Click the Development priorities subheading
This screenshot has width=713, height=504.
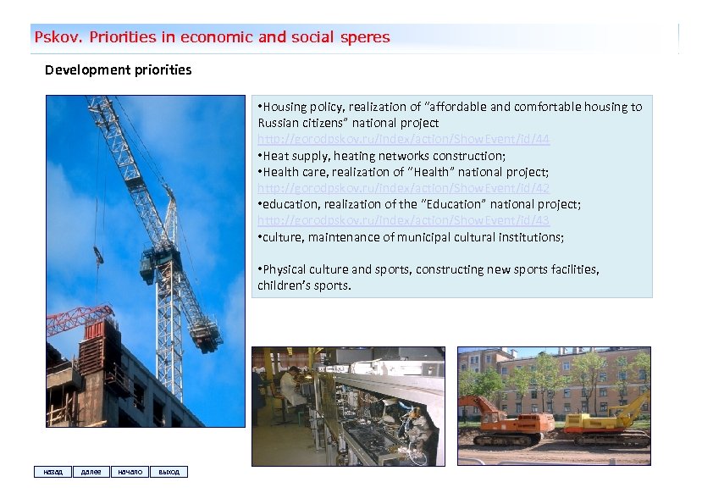point(118,70)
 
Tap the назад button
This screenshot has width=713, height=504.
point(52,472)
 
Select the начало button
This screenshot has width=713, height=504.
point(130,472)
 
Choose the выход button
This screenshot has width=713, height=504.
point(169,472)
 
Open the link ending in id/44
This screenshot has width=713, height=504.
point(403,139)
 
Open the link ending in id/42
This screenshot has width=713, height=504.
point(403,188)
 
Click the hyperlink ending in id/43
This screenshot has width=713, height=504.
point(403,220)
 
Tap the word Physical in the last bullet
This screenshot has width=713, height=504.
point(285,269)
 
